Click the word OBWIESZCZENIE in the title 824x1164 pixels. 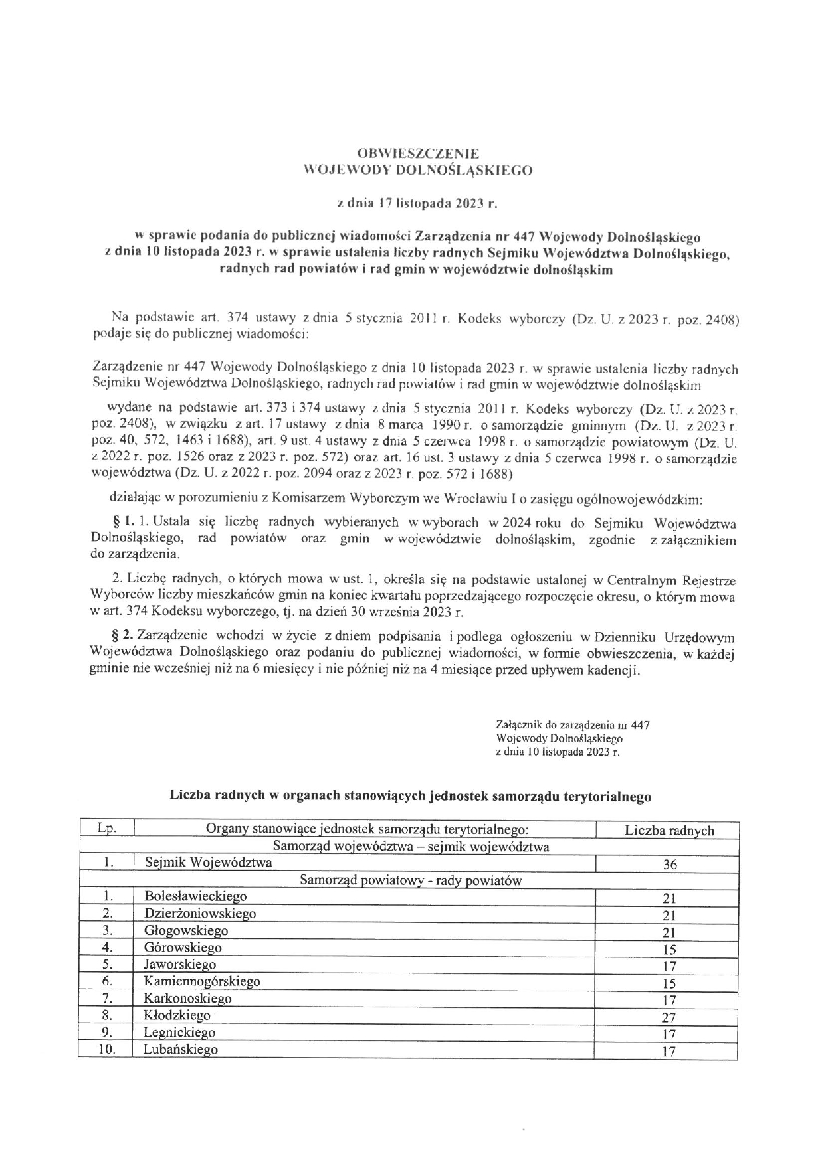coord(417,153)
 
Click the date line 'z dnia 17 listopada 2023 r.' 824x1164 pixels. coord(417,204)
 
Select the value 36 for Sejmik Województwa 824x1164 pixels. coord(669,865)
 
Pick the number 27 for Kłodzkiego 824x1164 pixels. coord(669,1017)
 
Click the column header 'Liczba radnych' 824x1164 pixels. coord(669,830)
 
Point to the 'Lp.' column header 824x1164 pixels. coord(106,829)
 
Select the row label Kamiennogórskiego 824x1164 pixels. coord(202,981)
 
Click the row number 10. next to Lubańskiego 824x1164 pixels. coord(107,1050)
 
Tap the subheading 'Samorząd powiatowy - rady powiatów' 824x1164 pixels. coord(411,880)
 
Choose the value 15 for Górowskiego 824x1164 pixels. coord(669,950)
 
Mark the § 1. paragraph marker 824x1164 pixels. coord(122,522)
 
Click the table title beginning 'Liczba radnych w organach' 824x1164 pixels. coord(410,795)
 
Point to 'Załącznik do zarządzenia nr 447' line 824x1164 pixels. coord(572,725)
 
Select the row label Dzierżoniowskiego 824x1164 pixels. coord(200,914)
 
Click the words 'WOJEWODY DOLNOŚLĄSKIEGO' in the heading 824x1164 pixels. coord(417,170)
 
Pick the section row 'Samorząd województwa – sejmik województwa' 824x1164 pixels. coord(411,847)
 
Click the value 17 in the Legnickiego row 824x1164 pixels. coord(669,1035)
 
